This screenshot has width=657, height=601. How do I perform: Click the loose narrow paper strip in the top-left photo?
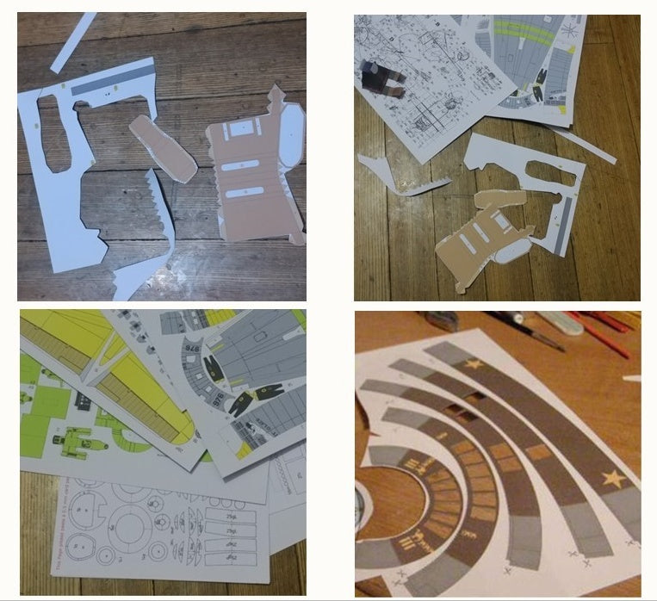point(73,42)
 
